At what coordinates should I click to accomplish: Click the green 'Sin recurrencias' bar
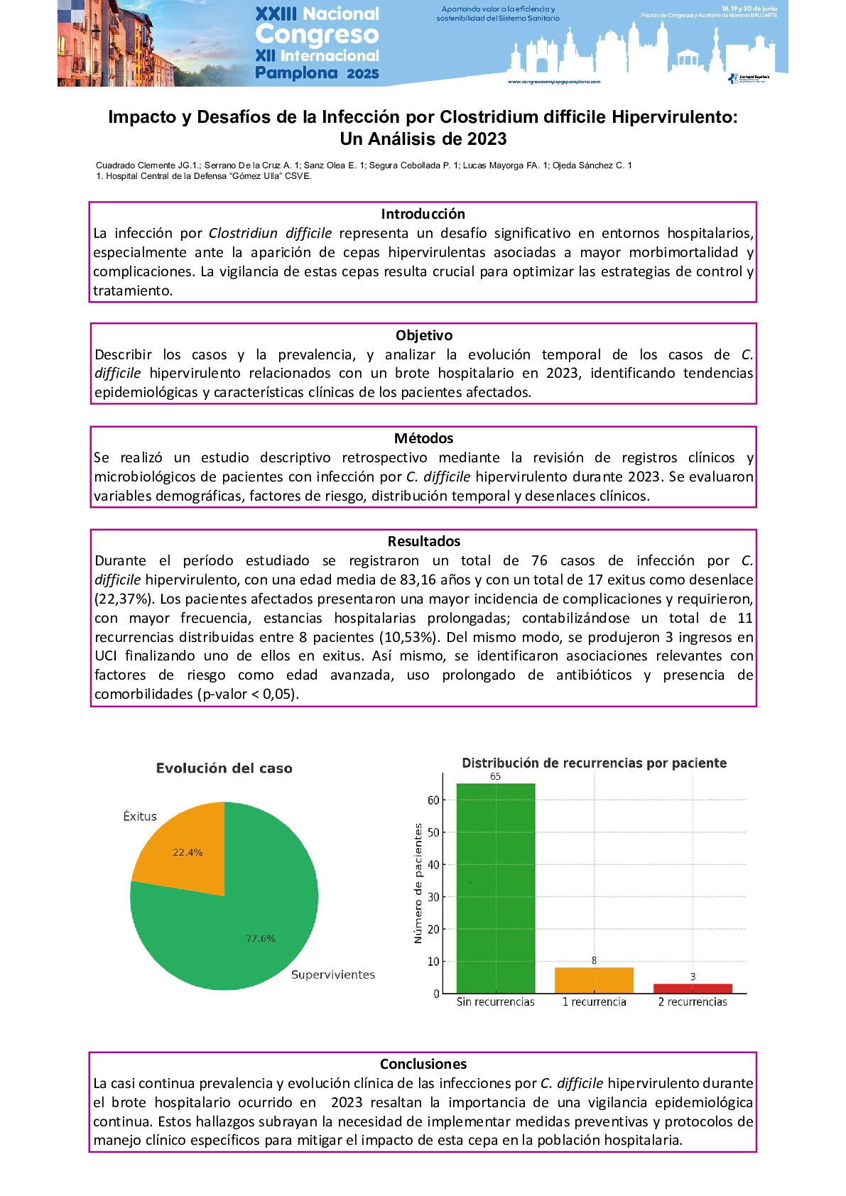[x=495, y=888]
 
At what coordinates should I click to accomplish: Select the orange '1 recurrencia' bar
[x=594, y=980]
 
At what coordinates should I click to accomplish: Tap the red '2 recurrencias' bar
[x=693, y=989]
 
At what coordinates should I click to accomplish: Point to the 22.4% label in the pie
[x=188, y=852]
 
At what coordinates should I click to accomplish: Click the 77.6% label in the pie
[x=261, y=938]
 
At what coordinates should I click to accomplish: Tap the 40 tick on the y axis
[x=433, y=864]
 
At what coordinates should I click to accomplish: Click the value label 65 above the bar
[x=495, y=776]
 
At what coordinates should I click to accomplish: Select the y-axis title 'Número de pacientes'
[x=418, y=884]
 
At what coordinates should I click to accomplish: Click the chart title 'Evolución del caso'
[x=224, y=768]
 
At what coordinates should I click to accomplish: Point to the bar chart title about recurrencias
[x=595, y=763]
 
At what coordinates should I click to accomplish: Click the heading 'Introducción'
[x=423, y=214]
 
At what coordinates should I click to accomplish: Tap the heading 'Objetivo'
[x=424, y=335]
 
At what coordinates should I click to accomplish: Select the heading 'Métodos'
[x=424, y=438]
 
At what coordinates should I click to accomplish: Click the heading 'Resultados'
[x=424, y=541]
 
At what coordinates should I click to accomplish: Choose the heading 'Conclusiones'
[x=423, y=1064]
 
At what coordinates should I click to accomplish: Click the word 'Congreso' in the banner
[x=317, y=34]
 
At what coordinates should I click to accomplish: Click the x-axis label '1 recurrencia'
[x=595, y=1001]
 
